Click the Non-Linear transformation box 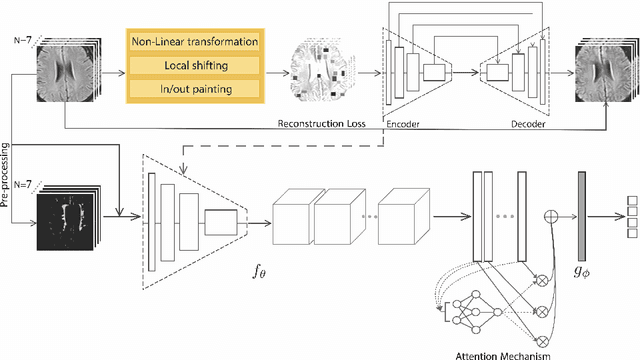coord(192,42)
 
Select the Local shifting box coord(192,66)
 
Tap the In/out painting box coord(192,90)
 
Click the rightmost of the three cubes coord(414,214)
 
